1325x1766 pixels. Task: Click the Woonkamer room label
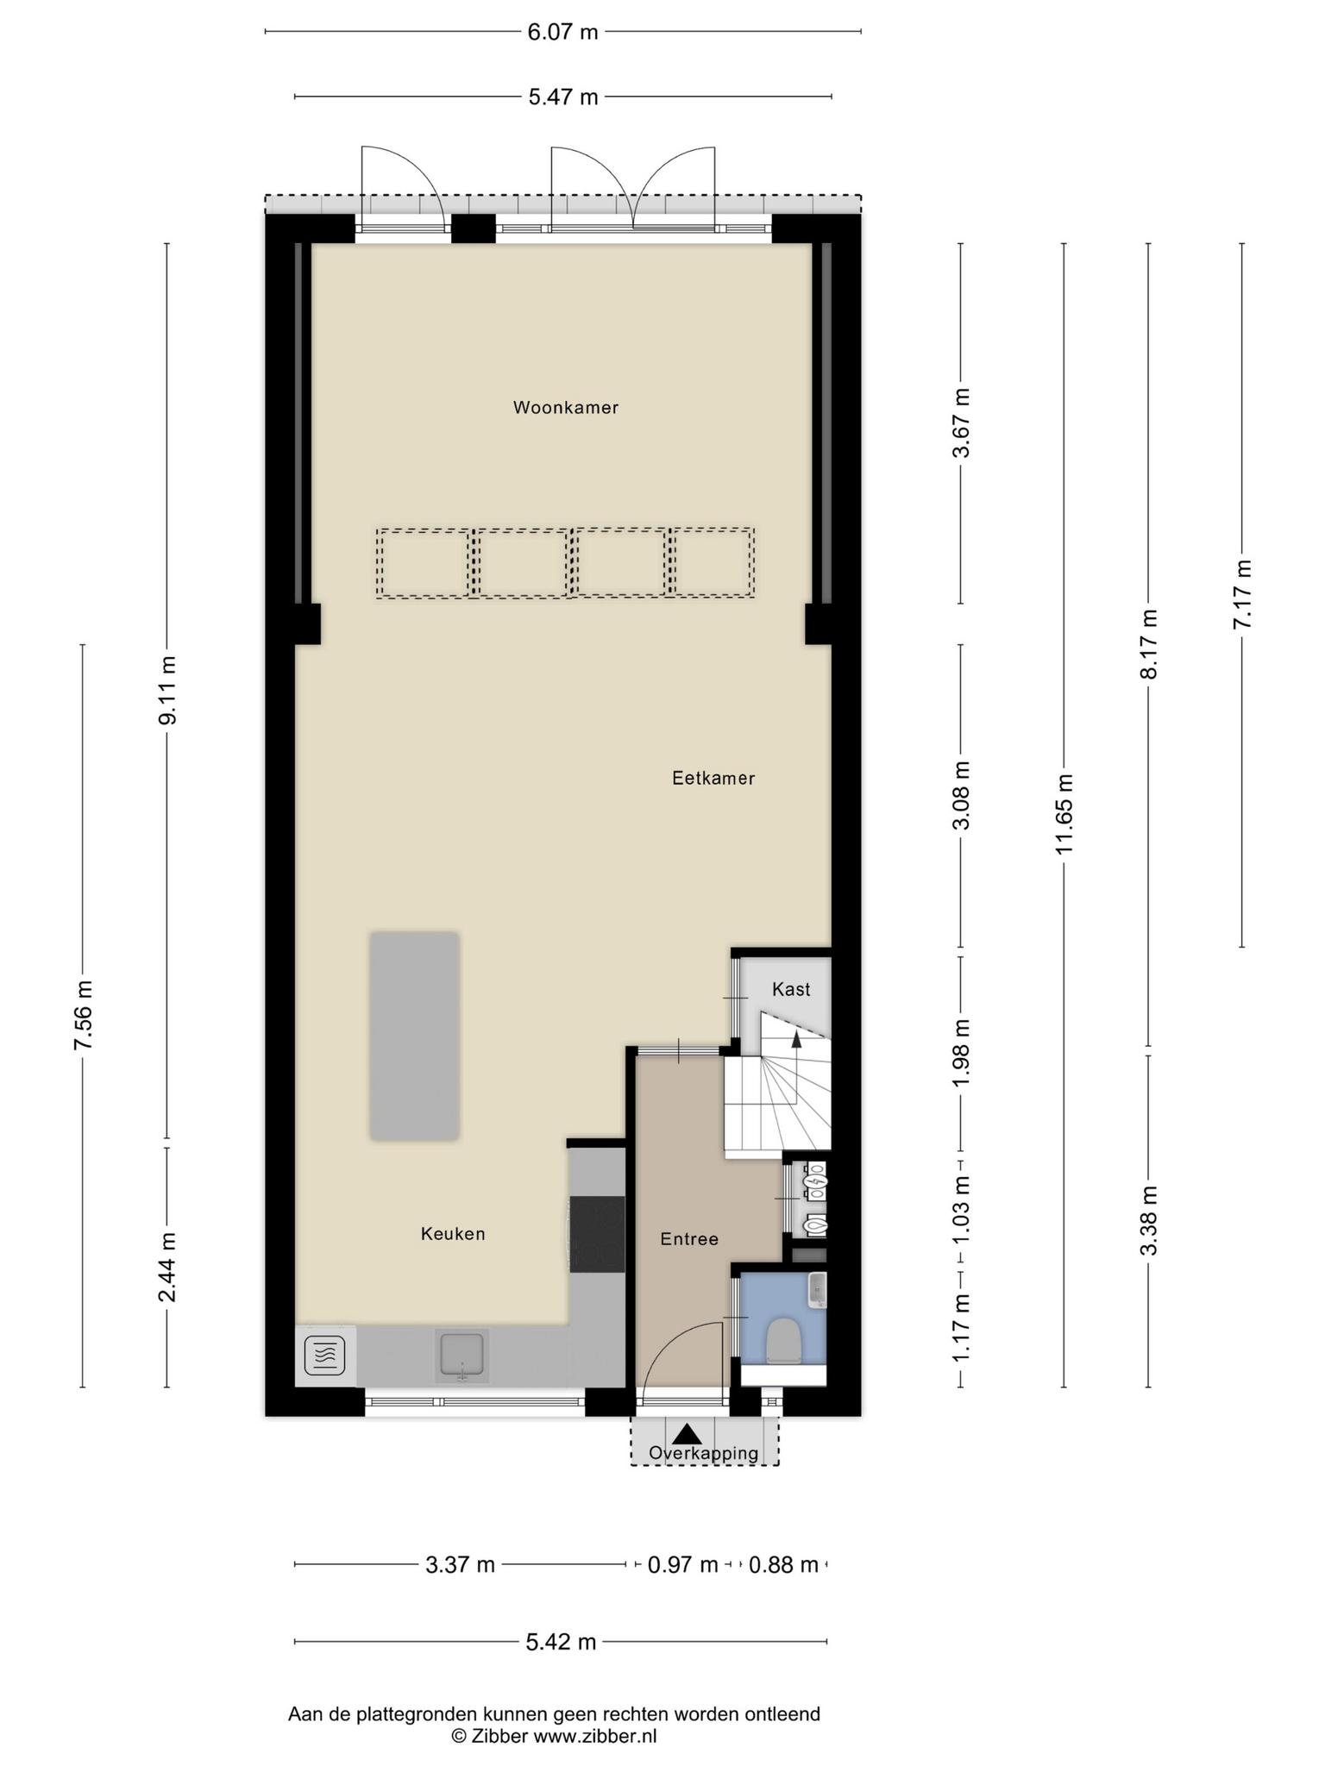pyautogui.click(x=566, y=407)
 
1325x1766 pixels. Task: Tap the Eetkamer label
pyautogui.click(x=713, y=778)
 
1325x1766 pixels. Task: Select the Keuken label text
pyautogui.click(x=453, y=1234)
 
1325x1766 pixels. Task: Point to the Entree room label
pyautogui.click(x=689, y=1239)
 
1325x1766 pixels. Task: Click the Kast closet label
pyautogui.click(x=791, y=989)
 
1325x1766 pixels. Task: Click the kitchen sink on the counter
pyautogui.click(x=462, y=1355)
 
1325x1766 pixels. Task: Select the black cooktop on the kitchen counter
pyautogui.click(x=598, y=1234)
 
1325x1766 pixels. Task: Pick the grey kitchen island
pyautogui.click(x=414, y=1036)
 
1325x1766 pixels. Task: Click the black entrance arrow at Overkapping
pyautogui.click(x=687, y=1434)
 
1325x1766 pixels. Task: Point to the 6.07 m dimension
pyautogui.click(x=562, y=32)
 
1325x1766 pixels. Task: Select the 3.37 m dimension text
pyautogui.click(x=461, y=1564)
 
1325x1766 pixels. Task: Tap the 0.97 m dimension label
pyautogui.click(x=683, y=1564)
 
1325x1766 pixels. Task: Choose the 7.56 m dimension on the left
pyautogui.click(x=83, y=1016)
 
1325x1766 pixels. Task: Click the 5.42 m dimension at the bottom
pyautogui.click(x=561, y=1642)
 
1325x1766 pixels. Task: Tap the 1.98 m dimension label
pyautogui.click(x=961, y=1053)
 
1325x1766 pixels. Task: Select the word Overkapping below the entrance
pyautogui.click(x=704, y=1453)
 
